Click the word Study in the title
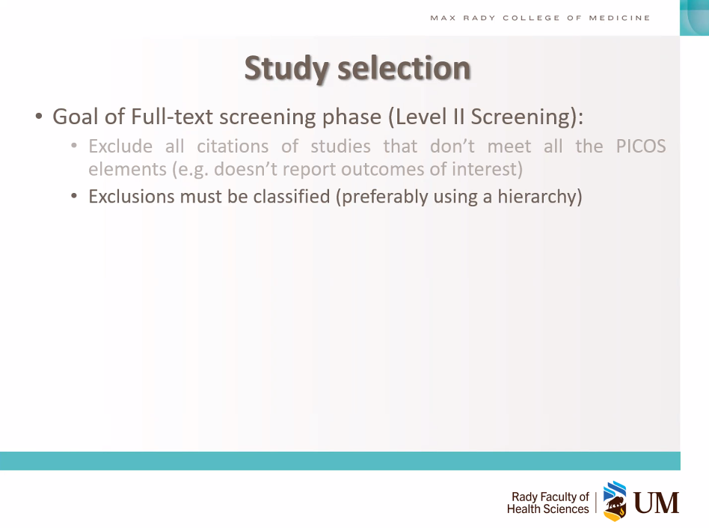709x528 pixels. coord(286,69)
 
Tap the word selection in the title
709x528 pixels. coord(405,68)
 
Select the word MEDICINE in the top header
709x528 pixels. coord(619,18)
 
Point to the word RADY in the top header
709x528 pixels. coord(479,18)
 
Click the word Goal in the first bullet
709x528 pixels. coord(75,117)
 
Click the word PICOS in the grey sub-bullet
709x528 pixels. coord(641,147)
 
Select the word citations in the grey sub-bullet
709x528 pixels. coord(233,147)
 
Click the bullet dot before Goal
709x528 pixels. coord(39,117)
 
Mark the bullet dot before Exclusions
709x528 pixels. coord(74,197)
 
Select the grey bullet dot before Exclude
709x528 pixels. coord(74,146)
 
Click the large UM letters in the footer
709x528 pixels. coord(656,503)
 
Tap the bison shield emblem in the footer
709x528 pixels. coord(615,501)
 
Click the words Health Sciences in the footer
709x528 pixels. coord(548,509)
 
